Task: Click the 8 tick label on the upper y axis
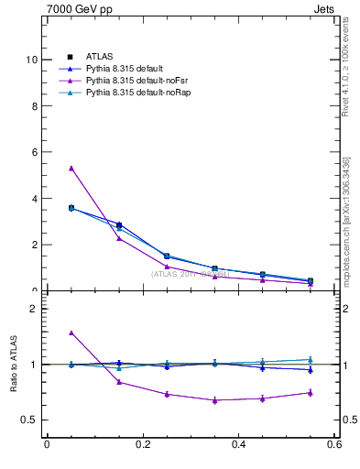[33, 106]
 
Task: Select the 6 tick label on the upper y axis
[33, 152]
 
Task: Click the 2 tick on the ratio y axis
[33, 309]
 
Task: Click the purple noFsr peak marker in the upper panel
[71, 169]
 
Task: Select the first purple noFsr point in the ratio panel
[71, 333]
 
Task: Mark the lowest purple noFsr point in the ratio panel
[214, 400]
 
